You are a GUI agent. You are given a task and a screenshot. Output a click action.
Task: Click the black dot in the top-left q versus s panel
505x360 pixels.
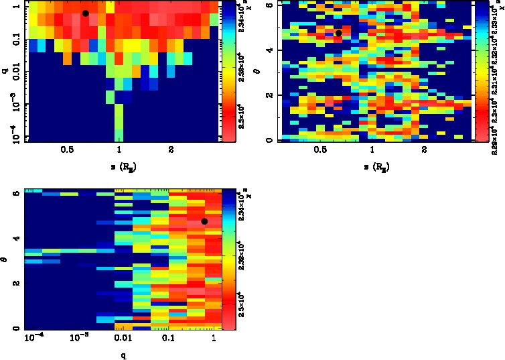(x=86, y=13)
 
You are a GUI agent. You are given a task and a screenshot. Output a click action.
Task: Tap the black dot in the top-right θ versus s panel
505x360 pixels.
(x=339, y=33)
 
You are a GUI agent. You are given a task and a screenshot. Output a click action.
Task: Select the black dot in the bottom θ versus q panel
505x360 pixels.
(x=204, y=221)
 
